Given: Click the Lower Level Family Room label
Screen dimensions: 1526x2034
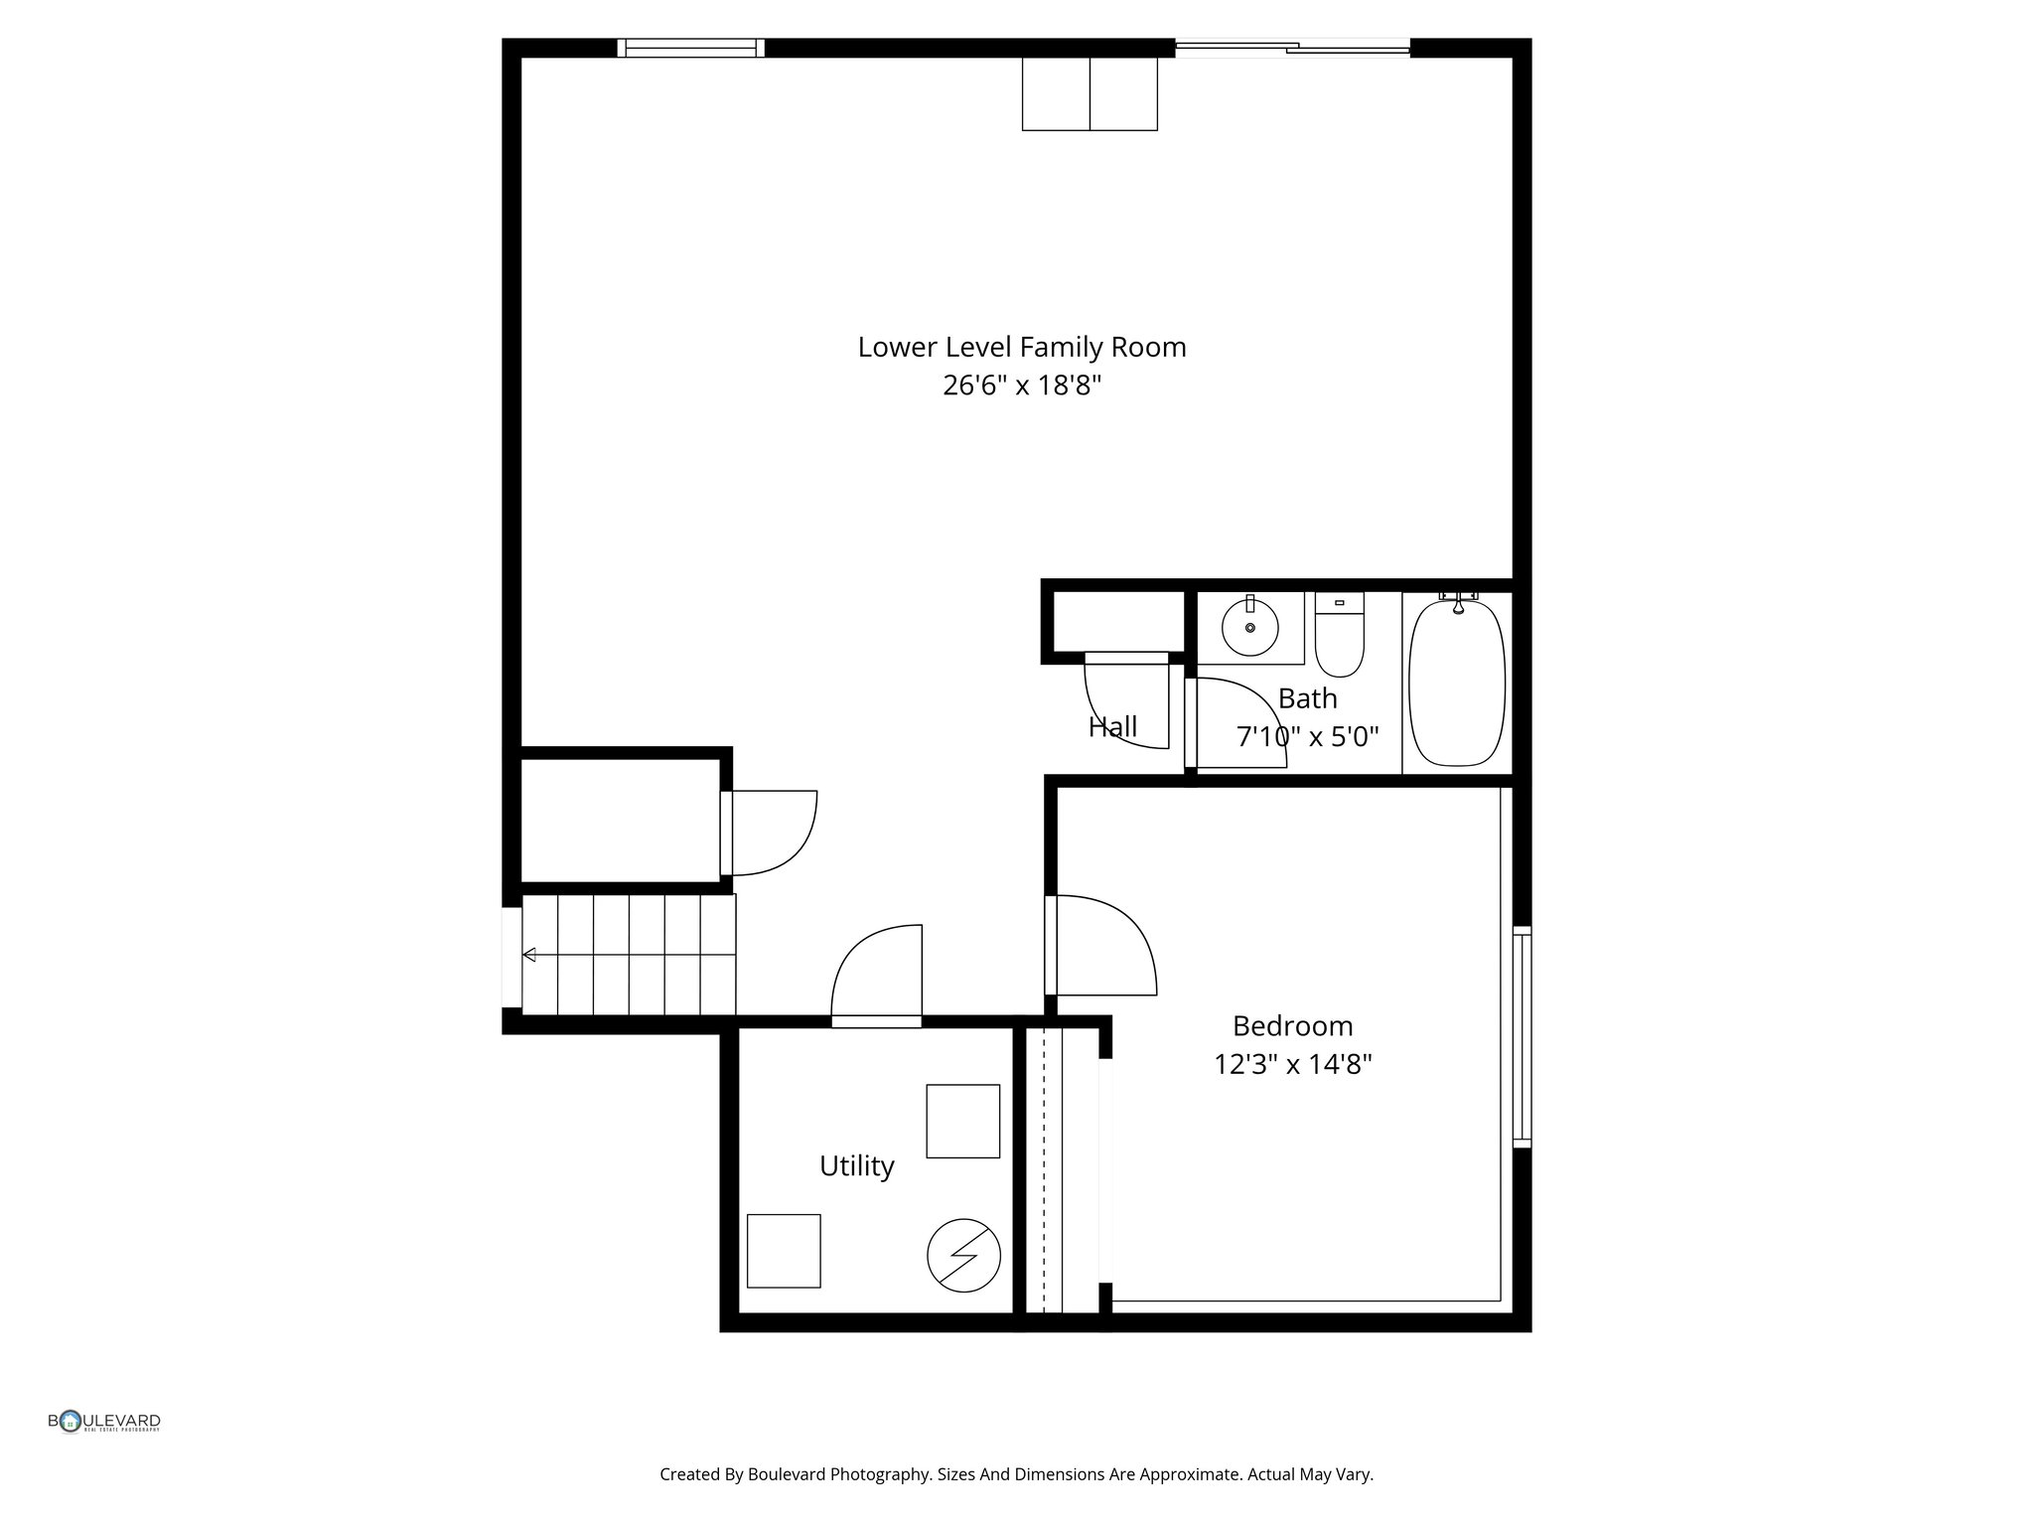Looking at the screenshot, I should [1021, 348].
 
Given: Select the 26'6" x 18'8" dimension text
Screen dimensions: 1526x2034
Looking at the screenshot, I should [1021, 385].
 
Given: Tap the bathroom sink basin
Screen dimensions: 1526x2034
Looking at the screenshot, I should [1249, 628].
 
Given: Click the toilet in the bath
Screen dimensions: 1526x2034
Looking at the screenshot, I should [1339, 637].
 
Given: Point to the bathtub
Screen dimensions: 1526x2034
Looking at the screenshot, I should [1457, 683].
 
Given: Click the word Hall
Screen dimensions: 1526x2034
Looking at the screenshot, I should [1112, 727].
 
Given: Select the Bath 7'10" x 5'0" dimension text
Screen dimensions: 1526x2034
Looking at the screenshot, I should [1307, 737].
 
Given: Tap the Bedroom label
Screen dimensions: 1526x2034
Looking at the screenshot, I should [1292, 1026].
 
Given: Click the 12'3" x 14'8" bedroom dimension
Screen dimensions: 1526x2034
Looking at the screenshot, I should [1292, 1065].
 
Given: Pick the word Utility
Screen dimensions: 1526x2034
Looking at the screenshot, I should [856, 1166].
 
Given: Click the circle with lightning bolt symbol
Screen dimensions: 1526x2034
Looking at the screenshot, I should [963, 1256].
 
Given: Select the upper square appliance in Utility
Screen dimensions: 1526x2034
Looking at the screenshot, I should [962, 1121].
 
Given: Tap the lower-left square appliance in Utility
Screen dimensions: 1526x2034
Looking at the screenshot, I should [784, 1251].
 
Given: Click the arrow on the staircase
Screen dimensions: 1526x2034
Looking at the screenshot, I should [530, 955].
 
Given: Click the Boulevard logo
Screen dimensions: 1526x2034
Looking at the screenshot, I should [104, 1423].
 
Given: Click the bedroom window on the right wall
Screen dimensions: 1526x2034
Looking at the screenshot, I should [1522, 1037].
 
